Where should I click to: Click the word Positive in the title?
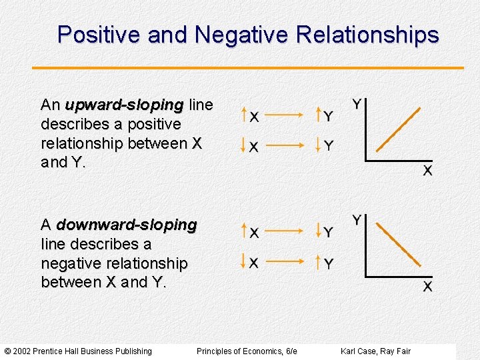click(x=99, y=35)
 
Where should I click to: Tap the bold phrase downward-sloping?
click(x=127, y=225)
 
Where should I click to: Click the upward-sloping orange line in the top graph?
click(x=399, y=129)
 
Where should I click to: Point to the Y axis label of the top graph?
click(x=357, y=104)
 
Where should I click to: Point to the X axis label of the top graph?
click(x=427, y=171)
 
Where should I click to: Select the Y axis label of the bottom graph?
click(x=357, y=220)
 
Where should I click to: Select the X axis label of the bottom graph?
click(x=427, y=287)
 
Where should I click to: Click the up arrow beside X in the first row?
click(x=244, y=115)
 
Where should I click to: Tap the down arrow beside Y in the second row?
click(x=319, y=144)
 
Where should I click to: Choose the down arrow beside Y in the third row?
click(x=319, y=231)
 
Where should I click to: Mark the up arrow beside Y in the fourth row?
click(x=319, y=262)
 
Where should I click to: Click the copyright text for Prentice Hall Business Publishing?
click(x=78, y=351)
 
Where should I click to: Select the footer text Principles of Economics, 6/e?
click(x=247, y=351)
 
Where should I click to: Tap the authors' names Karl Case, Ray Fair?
click(x=375, y=351)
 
